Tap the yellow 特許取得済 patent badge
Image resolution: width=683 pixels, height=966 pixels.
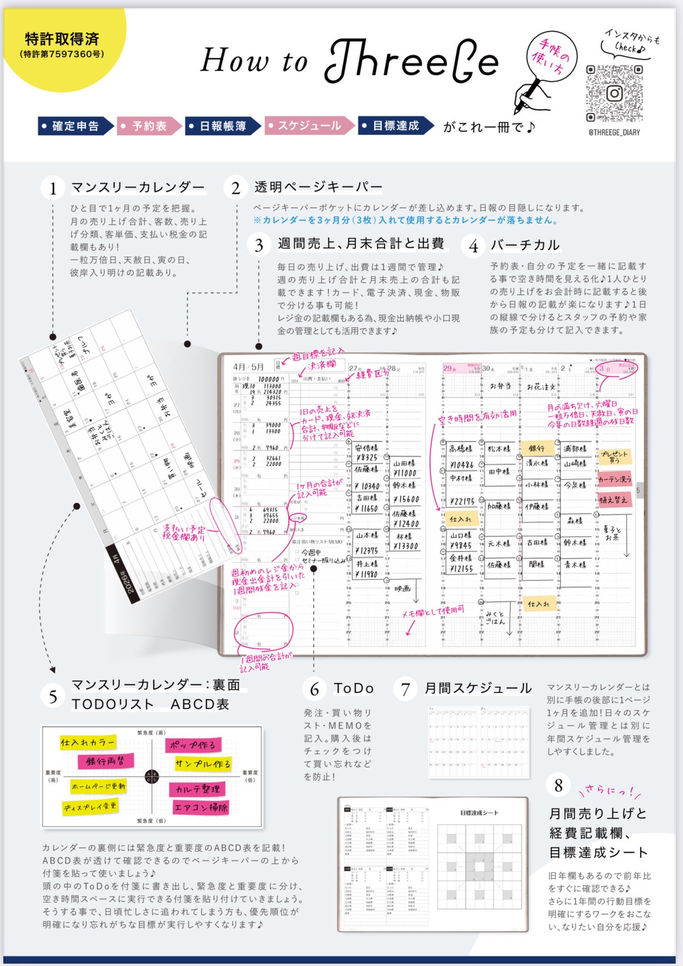[63, 45]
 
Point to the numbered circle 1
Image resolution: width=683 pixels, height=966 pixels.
[53, 189]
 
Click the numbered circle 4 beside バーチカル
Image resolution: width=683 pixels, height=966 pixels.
[473, 246]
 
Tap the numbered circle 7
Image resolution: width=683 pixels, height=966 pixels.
[406, 689]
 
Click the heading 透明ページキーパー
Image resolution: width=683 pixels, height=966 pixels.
[319, 187]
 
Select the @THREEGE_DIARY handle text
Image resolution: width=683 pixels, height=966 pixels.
[614, 132]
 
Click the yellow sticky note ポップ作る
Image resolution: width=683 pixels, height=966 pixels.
[193, 744]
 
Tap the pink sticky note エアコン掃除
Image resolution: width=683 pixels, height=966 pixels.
[201, 807]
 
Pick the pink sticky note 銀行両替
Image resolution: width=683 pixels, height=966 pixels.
[105, 761]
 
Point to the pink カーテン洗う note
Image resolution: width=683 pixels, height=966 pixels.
[614, 479]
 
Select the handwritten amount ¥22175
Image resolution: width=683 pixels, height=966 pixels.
[462, 501]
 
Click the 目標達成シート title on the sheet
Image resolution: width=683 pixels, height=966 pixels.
[479, 813]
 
